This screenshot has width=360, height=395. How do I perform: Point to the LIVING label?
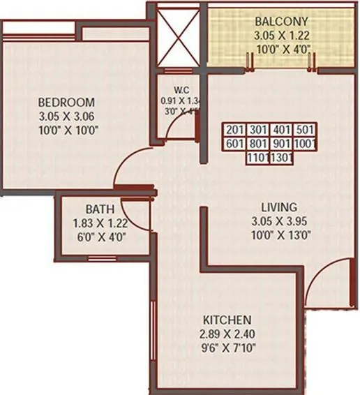click(x=278, y=207)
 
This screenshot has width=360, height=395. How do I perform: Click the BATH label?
click(x=96, y=209)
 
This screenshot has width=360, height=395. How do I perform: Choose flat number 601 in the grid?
click(x=235, y=144)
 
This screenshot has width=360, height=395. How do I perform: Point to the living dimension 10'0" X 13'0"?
click(x=278, y=234)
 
